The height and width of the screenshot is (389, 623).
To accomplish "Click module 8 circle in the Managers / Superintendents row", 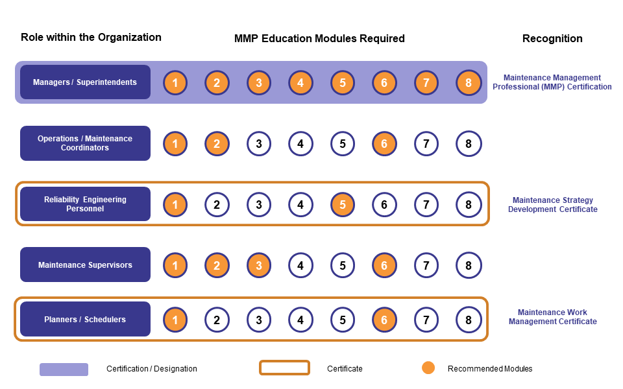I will pos(468,82).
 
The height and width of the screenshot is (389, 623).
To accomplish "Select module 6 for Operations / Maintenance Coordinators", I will pos(384,143).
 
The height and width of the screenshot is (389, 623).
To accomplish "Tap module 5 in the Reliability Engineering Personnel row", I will pos(342,204).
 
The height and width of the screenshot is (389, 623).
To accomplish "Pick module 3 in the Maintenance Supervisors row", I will pos(258,265).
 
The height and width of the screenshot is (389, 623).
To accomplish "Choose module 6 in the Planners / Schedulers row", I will pos(384,320).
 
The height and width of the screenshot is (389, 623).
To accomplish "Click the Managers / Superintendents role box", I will pos(85,82).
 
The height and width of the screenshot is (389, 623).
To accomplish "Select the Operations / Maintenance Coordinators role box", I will pos(85,143).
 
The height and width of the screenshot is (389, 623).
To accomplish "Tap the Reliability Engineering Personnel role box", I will pos(85,204).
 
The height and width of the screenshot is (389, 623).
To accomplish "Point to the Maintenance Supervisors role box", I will pos(85,265).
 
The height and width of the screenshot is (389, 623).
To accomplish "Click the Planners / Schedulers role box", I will pos(85,320).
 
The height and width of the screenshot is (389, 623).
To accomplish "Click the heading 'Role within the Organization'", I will pos(91,37).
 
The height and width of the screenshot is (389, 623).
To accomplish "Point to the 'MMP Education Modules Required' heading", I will pos(319,38).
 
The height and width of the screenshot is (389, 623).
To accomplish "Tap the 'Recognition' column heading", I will pos(552,38).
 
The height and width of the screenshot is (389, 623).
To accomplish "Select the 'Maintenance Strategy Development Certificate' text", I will pos(552,205).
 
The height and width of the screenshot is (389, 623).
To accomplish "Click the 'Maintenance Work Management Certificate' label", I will pos(552,317).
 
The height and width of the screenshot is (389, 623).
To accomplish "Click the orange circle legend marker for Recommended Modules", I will pos(428,368).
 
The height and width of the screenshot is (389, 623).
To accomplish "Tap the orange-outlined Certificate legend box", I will pos(284,368).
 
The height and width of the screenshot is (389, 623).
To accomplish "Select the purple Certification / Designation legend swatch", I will pos(64,369).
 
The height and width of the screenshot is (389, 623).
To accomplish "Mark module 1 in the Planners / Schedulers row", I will pos(175,320).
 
